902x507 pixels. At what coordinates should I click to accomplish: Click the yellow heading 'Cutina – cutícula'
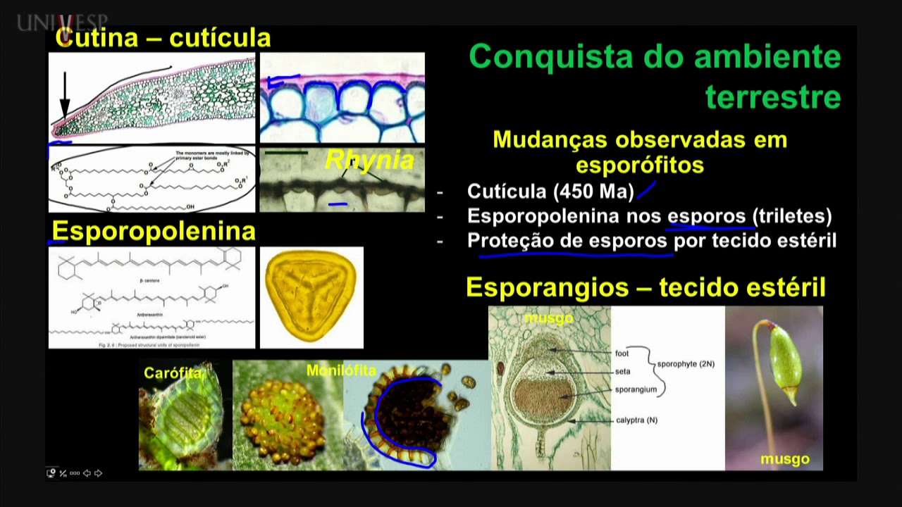pyautogui.click(x=163, y=38)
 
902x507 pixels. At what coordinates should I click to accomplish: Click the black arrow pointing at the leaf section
pyautogui.click(x=65, y=95)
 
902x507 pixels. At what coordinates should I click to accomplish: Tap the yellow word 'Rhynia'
pyautogui.click(x=369, y=161)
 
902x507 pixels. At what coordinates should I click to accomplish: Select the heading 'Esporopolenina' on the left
pyautogui.click(x=154, y=231)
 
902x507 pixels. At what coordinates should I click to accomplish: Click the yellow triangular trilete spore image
pyautogui.click(x=311, y=296)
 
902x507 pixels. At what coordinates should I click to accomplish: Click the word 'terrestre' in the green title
pyautogui.click(x=773, y=97)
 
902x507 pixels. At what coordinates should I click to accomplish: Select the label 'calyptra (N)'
pyautogui.click(x=636, y=420)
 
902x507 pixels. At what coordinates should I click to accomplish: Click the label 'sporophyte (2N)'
pyautogui.click(x=685, y=364)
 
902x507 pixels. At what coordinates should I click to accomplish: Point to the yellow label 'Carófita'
pyautogui.click(x=173, y=373)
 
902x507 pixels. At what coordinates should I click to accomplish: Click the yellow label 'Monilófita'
pyautogui.click(x=341, y=370)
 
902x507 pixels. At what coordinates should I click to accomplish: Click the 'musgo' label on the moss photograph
pyautogui.click(x=784, y=460)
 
